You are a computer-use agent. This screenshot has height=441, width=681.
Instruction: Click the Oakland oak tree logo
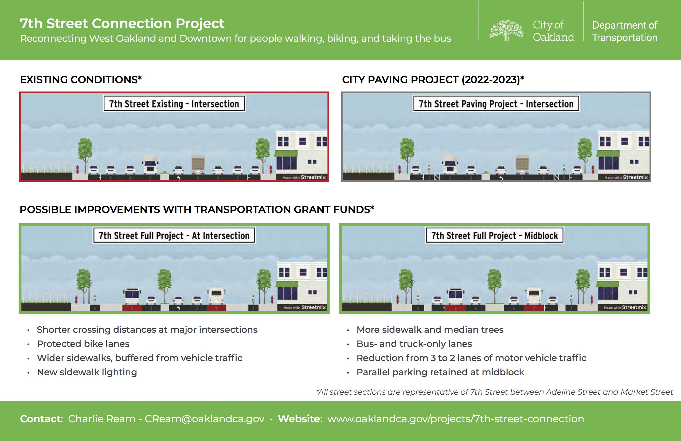(506, 30)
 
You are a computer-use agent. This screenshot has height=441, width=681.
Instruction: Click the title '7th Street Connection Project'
(122, 24)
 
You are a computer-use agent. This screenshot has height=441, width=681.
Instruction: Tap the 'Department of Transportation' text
(624, 31)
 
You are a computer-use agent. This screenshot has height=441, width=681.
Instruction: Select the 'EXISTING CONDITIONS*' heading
(81, 80)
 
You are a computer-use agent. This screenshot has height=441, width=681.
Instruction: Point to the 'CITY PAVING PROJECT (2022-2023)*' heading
(433, 80)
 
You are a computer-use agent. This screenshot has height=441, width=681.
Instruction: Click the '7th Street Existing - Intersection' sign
(174, 104)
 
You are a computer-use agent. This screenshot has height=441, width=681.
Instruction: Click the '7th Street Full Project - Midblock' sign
(494, 235)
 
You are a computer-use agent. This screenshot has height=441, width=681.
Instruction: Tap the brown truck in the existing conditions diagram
(198, 165)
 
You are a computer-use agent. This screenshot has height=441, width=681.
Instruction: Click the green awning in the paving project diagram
(608, 154)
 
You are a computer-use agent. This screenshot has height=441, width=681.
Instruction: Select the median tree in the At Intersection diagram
(165, 284)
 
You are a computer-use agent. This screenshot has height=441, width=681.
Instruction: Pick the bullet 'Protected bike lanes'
(83, 344)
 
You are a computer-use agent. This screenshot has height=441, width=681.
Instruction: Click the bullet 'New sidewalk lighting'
(87, 372)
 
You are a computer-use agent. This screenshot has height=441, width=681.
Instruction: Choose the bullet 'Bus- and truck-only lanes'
(414, 344)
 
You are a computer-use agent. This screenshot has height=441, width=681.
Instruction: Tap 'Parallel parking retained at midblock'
(440, 372)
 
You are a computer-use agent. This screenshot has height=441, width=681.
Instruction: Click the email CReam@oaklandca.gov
(204, 419)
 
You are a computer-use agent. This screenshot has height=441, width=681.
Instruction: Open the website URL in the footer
(456, 419)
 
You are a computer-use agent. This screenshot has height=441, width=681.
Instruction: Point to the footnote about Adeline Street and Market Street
(494, 392)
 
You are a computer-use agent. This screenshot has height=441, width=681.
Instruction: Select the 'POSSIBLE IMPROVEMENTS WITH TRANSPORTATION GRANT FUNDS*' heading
(197, 210)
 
